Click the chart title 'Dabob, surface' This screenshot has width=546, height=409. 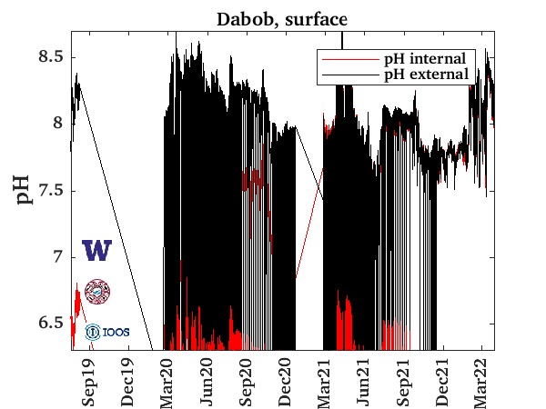(281, 19)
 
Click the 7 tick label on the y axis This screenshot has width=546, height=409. (57, 257)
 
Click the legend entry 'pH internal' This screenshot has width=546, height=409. (424, 58)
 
